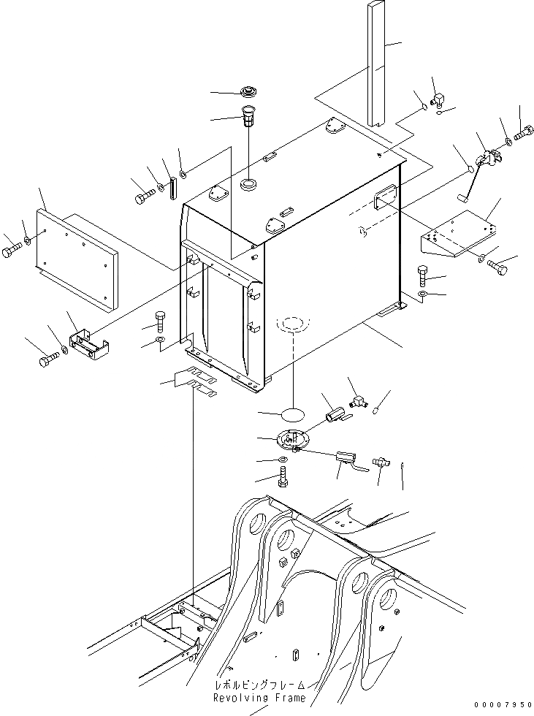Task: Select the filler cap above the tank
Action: (x=249, y=92)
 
